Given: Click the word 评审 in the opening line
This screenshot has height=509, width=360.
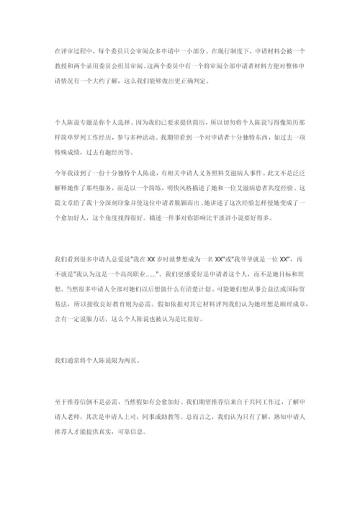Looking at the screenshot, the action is click(65, 51).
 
